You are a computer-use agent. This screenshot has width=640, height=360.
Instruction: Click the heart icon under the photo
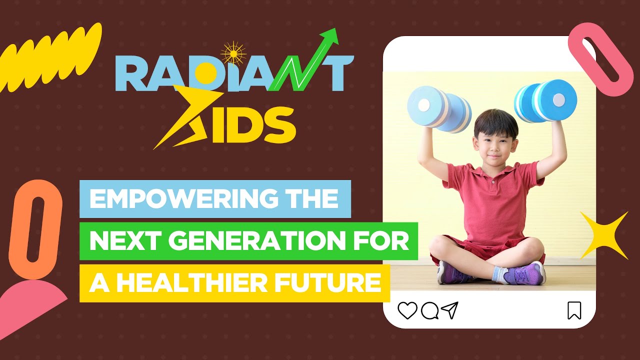click(407, 310)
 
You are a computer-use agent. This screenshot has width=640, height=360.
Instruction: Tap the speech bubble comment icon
click(429, 311)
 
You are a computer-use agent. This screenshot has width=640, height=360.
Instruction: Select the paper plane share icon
click(450, 310)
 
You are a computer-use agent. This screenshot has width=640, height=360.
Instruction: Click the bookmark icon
click(574, 310)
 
